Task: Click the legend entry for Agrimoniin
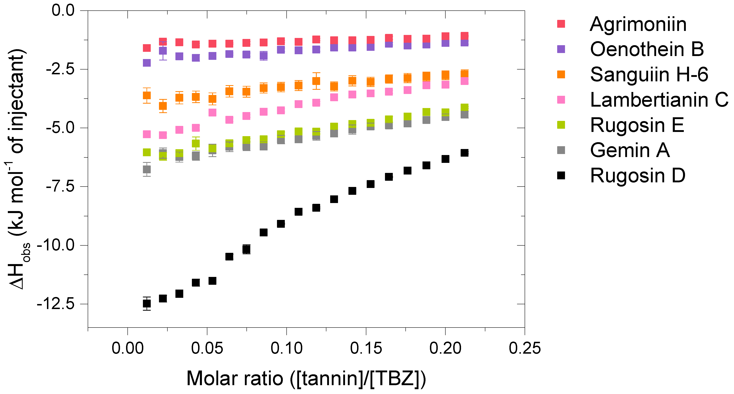[638, 24]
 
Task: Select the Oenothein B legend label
[646, 49]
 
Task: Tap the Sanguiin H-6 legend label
[649, 75]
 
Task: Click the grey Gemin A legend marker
[561, 150]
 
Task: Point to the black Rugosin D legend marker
[561, 176]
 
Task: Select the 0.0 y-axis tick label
[63, 11]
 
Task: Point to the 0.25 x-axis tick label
[525, 348]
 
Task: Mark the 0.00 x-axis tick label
[127, 348]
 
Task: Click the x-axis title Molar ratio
[306, 379]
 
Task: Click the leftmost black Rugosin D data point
[147, 304]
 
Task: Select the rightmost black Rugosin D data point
[464, 153]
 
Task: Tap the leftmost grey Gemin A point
[147, 169]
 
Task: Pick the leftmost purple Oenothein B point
[147, 63]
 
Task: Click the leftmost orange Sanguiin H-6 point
[147, 95]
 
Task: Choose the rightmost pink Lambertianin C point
[464, 81]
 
